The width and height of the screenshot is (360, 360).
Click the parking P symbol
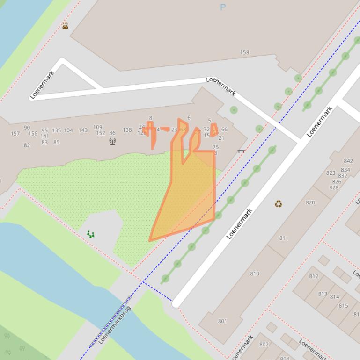click(222, 7)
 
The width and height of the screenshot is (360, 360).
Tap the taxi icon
click(65, 26)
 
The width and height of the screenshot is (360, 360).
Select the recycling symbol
click(278, 203)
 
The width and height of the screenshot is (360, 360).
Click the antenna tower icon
click(112, 141)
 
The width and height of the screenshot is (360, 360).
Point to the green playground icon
click(90, 234)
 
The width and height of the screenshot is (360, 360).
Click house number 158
click(244, 52)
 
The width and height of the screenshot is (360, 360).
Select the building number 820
click(310, 202)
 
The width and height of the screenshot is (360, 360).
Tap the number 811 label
click(284, 238)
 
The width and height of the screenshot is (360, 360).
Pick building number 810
click(254, 274)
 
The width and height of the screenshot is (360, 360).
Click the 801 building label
click(222, 321)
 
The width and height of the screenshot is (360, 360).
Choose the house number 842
click(348, 161)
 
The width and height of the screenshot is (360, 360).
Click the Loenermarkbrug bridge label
click(115, 324)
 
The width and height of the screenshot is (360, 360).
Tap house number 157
click(15, 133)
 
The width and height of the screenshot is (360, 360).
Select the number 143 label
click(83, 130)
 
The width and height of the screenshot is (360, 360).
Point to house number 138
click(127, 130)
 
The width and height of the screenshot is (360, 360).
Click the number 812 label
click(313, 276)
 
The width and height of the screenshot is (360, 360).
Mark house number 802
click(264, 345)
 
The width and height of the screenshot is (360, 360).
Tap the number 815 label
click(343, 305)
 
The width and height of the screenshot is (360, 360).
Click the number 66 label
click(224, 130)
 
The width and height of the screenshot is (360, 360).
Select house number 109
click(97, 127)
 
